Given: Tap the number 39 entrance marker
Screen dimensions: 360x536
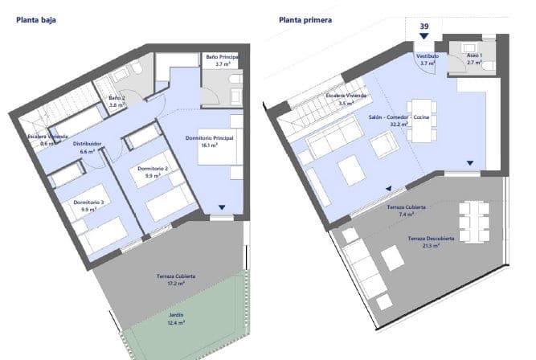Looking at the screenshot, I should [x=423, y=27].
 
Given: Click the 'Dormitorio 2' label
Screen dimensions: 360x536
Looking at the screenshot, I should [x=153, y=168].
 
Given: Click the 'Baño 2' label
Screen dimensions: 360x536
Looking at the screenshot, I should [x=117, y=98].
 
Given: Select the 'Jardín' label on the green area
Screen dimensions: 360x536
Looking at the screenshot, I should [x=171, y=314].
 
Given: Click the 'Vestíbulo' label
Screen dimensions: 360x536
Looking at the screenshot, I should [x=427, y=55].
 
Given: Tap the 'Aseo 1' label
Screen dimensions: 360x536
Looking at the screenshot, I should [x=474, y=54].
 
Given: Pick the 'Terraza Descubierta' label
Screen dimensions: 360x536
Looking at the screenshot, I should [x=432, y=239].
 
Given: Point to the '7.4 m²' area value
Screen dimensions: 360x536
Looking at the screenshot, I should [x=406, y=215].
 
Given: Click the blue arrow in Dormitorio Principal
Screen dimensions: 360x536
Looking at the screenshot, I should [x=223, y=207].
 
